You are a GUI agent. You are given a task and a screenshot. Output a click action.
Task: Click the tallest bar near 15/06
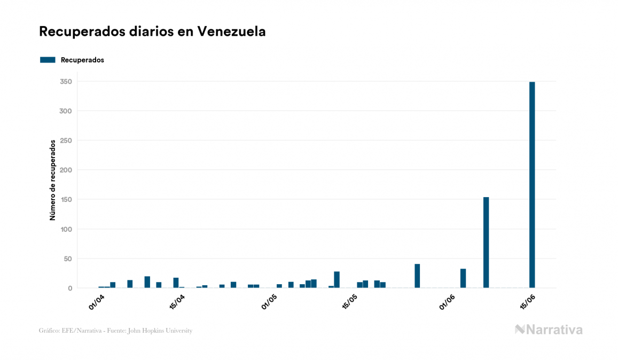532,184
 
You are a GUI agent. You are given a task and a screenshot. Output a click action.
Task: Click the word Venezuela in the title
231,32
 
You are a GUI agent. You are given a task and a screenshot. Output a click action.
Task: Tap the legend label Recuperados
82,60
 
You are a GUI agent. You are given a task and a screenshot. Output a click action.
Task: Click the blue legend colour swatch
48,60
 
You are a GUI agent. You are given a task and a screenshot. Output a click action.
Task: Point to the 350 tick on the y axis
66,82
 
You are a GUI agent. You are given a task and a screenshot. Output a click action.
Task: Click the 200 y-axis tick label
66,170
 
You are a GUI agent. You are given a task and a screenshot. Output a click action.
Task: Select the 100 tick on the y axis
66,229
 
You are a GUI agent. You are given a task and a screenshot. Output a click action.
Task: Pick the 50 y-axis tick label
67,259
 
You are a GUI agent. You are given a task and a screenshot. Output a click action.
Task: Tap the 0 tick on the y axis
69,288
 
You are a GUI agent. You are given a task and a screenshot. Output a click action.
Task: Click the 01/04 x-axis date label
97,302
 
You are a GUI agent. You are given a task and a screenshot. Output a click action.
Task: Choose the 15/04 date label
177,302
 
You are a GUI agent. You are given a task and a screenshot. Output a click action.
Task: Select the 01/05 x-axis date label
269,302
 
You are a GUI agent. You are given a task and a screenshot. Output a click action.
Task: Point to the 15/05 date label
349,302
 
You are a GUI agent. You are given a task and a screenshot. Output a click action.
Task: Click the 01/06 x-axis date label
447,302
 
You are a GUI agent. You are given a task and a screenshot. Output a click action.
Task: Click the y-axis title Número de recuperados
52,180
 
